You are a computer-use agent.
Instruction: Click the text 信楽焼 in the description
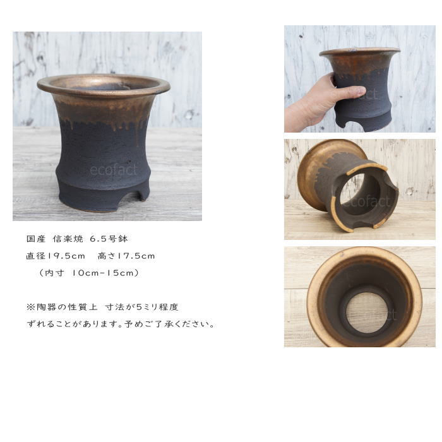[x=68, y=239]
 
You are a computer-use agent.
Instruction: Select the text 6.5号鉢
[x=109, y=239]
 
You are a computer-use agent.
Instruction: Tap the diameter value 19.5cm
[x=66, y=256]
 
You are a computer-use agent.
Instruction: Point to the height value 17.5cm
[x=136, y=256]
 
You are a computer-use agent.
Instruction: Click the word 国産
[x=36, y=239]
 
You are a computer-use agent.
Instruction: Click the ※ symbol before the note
[x=30, y=307]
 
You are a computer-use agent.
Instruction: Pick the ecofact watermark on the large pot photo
[x=113, y=170]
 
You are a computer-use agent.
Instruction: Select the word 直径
[x=36, y=256]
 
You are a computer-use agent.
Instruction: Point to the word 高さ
[x=107, y=256]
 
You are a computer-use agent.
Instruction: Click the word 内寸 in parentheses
[x=55, y=273]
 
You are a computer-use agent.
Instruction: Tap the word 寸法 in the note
[x=115, y=307]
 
